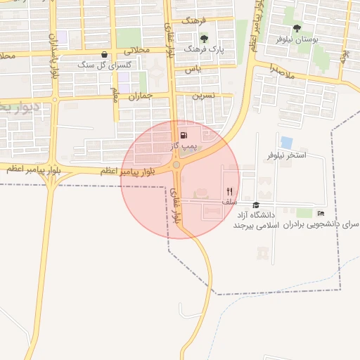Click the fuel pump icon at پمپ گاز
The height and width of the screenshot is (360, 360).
pyautogui.click(x=184, y=136)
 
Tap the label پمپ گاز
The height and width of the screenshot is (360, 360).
pyautogui.click(x=184, y=146)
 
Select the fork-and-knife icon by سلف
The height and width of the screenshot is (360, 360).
pyautogui.click(x=229, y=191)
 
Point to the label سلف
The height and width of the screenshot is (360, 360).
pyautogui.click(x=229, y=202)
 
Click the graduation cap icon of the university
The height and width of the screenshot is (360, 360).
pyautogui.click(x=256, y=205)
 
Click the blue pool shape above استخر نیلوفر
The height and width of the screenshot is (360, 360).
pyautogui.click(x=286, y=142)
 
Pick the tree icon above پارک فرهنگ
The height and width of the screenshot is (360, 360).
pyautogui.click(x=204, y=39)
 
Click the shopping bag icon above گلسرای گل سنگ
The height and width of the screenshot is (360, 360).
pyautogui.click(x=105, y=54)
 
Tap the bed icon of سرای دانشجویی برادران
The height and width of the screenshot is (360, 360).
pyautogui.click(x=321, y=213)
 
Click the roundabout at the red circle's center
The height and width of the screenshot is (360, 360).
pyautogui.click(x=176, y=165)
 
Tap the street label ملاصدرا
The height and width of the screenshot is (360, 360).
pyautogui.click(x=288, y=70)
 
